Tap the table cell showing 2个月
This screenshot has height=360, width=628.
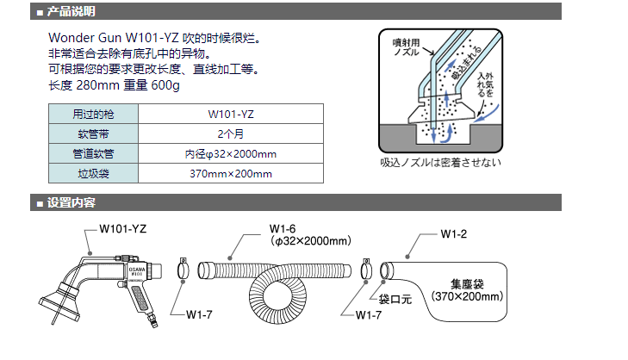(x=230, y=133)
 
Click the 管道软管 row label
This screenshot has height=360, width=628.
(x=93, y=153)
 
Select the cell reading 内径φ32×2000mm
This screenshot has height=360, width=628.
(x=230, y=153)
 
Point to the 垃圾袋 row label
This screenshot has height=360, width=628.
(x=93, y=174)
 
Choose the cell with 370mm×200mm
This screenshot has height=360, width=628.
(x=230, y=174)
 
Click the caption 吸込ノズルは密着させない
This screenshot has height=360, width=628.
(x=439, y=162)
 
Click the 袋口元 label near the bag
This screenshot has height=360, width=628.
(x=397, y=300)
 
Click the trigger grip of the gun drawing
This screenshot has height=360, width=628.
(x=139, y=301)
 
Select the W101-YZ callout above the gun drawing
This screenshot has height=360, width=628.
(x=122, y=229)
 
